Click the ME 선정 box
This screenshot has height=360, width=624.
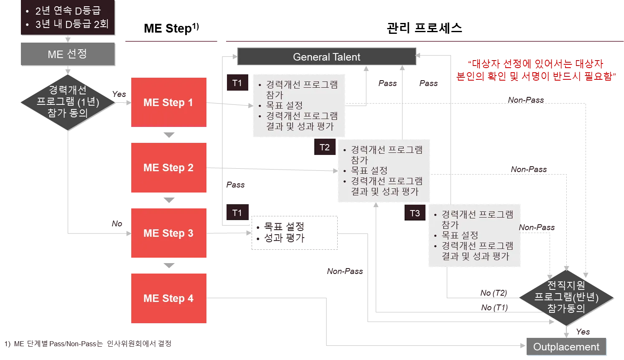pos(68,54)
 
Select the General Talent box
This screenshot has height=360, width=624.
pos(327,57)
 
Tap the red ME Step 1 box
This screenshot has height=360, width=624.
pos(168,102)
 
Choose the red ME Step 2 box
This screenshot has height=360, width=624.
pos(168,167)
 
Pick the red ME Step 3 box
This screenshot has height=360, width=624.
pos(168,233)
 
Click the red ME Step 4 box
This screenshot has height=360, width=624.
pos(168,298)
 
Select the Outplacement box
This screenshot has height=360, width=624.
pos(566,347)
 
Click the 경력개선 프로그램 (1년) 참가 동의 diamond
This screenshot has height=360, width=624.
pos(68,101)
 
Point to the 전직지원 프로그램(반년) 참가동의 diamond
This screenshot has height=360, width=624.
pos(566,297)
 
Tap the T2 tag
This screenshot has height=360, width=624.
pos(325,147)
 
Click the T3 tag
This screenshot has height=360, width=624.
pos(415,213)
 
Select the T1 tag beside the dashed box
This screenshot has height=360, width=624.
pos(237,213)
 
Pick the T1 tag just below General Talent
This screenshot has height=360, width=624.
pos(237,83)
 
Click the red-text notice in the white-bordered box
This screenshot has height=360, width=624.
pos(536,71)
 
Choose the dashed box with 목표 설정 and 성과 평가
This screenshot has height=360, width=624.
pos(294,233)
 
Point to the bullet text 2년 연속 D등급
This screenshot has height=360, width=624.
pos(68,11)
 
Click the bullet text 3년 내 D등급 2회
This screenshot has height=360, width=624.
pos(72,24)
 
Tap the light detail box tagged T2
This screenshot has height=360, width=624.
pos(385,171)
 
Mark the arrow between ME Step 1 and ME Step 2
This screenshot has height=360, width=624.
pos(168,135)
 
